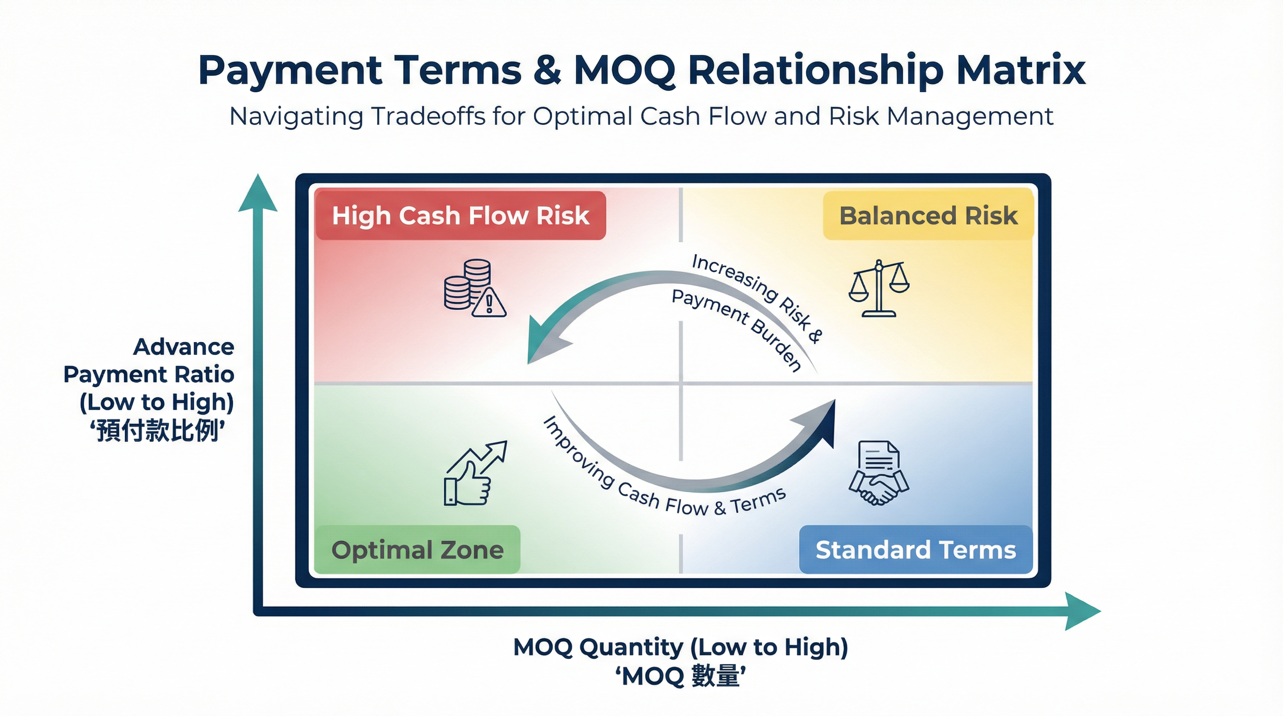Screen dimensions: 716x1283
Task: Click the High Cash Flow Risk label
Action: coord(460,216)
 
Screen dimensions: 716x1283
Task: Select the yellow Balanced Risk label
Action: coord(928,216)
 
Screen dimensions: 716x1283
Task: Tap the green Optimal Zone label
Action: coord(417,550)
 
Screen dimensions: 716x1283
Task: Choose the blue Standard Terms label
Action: coord(916,550)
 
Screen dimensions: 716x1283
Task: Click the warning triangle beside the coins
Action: coord(489,303)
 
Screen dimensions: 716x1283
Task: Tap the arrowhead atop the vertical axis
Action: coord(257,194)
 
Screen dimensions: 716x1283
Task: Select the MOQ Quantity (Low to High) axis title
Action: coord(680,647)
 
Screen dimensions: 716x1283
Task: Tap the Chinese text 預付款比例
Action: coord(158,431)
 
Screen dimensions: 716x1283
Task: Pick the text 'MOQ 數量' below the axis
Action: coord(680,677)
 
